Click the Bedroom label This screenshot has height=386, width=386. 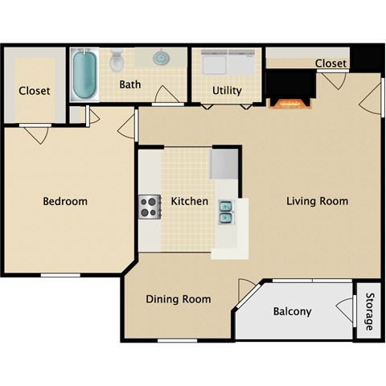(x=65, y=201)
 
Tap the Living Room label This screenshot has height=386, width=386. (x=317, y=201)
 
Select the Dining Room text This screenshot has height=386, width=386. (x=179, y=299)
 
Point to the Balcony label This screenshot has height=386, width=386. (x=292, y=311)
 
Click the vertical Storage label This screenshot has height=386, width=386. (x=368, y=311)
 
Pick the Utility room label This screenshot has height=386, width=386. (x=227, y=91)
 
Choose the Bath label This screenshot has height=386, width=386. (x=130, y=84)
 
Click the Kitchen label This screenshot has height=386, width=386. (x=189, y=201)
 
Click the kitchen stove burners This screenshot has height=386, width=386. (x=149, y=207)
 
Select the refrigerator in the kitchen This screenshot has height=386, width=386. (x=224, y=164)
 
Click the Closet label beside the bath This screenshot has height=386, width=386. (x=34, y=91)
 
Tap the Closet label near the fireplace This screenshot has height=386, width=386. (x=331, y=64)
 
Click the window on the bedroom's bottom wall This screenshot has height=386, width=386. (x=60, y=276)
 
